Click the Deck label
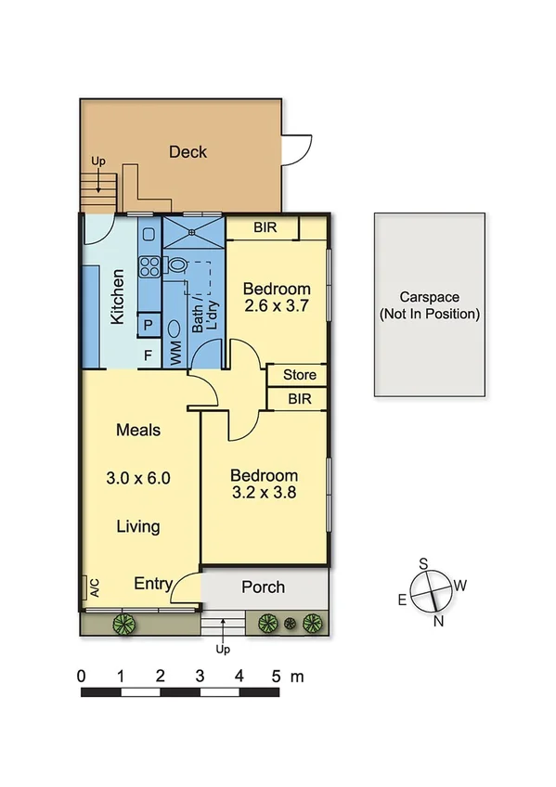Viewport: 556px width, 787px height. (x=187, y=152)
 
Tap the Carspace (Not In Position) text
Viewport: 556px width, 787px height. (x=429, y=306)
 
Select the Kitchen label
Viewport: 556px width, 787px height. (x=118, y=296)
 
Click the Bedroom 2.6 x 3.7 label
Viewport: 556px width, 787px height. (x=276, y=296)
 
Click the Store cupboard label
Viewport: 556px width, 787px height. (x=299, y=375)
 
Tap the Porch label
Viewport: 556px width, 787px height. (x=263, y=587)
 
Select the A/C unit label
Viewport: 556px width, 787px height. (x=94, y=587)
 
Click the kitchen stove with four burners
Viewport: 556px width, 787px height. (x=149, y=266)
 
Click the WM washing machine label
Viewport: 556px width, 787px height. (x=175, y=352)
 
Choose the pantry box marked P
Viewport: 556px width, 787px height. (x=148, y=326)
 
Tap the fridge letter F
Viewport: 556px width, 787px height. (x=148, y=355)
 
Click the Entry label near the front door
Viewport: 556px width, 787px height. (x=153, y=584)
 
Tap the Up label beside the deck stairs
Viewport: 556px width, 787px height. (x=98, y=161)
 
